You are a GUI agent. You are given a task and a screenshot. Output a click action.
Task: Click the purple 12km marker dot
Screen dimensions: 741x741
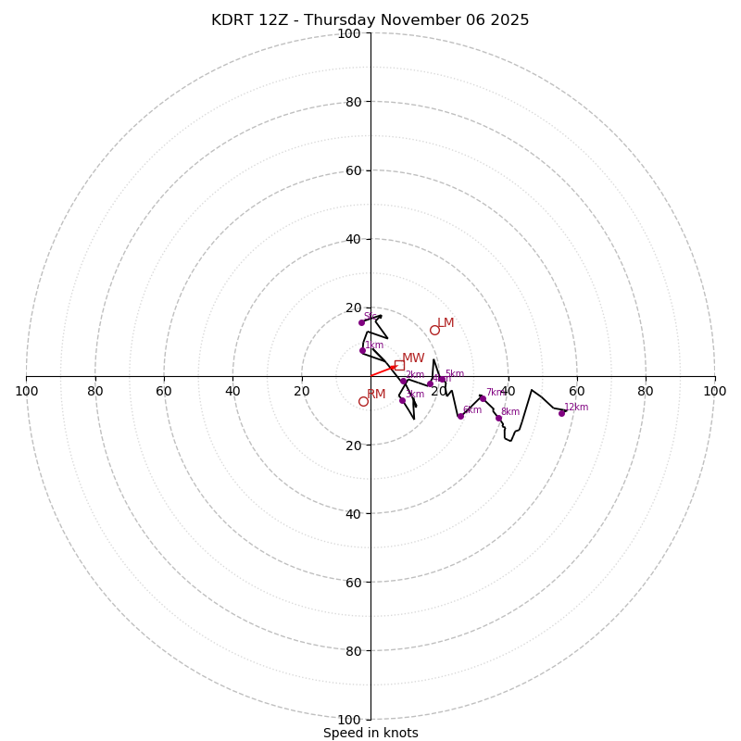[561, 413]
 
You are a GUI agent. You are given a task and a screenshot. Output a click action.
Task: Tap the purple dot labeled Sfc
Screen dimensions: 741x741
[361, 322]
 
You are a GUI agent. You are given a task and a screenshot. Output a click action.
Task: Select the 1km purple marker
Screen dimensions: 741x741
[362, 350]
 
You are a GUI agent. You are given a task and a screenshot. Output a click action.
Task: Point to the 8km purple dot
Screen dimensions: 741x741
[498, 418]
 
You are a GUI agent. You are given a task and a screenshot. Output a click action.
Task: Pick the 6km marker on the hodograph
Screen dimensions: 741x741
[460, 416]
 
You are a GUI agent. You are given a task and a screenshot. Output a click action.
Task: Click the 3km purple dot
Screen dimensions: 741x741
[402, 400]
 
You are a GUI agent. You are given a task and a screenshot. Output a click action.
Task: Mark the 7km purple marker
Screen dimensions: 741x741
[483, 398]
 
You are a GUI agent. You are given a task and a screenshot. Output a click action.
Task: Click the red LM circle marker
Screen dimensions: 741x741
[434, 330]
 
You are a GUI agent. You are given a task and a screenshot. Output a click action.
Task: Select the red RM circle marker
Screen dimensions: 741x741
[363, 401]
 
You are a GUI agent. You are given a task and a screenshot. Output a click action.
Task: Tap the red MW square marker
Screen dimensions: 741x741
[399, 365]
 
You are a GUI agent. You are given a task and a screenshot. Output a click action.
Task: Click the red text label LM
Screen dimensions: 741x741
[446, 323]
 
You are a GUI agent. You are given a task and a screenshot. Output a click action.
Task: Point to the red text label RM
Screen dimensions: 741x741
[376, 395]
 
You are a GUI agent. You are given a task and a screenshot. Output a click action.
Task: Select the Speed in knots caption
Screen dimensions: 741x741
[370, 734]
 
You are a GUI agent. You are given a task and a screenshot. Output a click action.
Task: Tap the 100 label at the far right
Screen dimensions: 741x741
[714, 391]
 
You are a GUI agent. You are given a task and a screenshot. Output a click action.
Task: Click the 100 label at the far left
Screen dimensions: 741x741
[26, 391]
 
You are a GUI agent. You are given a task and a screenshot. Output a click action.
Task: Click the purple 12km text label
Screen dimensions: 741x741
[576, 408]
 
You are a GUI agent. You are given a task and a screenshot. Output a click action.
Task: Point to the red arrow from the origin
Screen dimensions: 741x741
[383, 370]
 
